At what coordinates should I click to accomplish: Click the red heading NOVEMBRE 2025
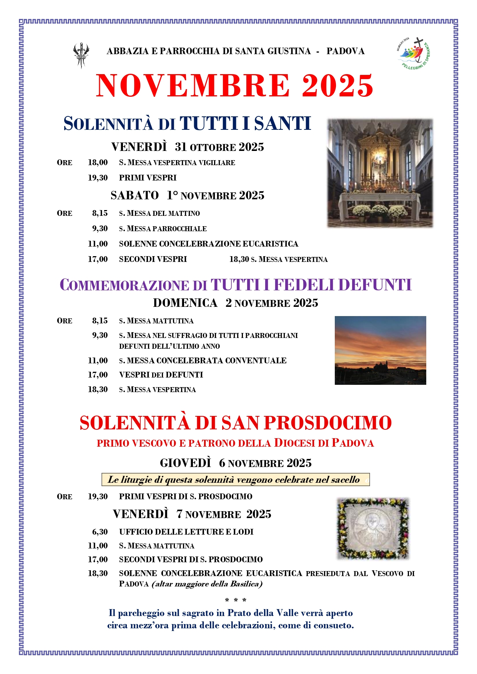234,86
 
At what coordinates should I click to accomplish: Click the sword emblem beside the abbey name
81,55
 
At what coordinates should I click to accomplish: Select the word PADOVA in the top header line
345,51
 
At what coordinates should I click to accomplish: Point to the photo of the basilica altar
380,173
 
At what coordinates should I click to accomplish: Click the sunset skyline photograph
380,350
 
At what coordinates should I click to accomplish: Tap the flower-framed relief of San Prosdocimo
373,528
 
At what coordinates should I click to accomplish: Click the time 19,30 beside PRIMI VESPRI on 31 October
98,178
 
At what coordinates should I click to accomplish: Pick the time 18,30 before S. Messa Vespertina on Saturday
239,259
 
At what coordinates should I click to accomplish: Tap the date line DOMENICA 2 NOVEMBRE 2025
235,303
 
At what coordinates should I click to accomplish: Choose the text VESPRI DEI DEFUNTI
161,375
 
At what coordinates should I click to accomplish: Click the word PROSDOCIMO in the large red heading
327,423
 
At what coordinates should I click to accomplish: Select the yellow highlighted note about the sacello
235,480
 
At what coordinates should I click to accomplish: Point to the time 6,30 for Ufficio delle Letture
100,532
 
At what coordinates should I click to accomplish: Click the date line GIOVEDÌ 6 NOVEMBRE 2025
235,463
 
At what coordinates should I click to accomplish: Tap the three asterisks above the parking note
235,600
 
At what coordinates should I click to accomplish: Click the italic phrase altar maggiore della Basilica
207,584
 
